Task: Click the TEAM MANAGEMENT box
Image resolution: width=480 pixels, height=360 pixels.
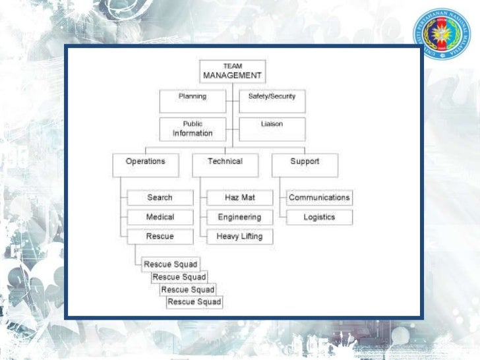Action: [x=232, y=71]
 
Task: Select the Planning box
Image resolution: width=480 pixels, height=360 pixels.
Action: [x=193, y=101]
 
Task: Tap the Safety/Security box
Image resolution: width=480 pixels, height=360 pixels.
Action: [x=272, y=101]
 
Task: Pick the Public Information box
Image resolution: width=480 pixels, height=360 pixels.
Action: [x=193, y=129]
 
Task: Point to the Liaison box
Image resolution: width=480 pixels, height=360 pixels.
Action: [x=272, y=129]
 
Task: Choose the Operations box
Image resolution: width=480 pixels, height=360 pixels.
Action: [x=145, y=165]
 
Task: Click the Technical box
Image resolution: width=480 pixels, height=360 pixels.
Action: [x=225, y=165]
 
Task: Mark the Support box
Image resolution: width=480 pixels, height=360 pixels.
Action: [x=305, y=165]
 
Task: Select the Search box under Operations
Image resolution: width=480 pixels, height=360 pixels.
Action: [x=160, y=198]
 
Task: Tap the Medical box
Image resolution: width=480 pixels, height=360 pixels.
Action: [x=160, y=217]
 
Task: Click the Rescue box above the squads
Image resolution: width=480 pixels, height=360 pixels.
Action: [x=160, y=237]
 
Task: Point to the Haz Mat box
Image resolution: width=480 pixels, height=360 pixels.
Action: [x=239, y=198]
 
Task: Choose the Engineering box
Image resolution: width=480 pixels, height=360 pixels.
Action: [x=239, y=217]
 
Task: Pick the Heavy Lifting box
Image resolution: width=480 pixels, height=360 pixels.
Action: [x=239, y=237]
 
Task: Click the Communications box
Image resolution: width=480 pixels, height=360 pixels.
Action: [x=319, y=198]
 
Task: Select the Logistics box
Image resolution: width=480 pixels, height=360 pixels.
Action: [x=319, y=217]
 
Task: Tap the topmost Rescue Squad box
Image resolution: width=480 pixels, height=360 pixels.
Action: [x=170, y=265]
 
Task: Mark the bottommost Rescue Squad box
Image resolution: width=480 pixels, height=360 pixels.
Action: [x=195, y=302]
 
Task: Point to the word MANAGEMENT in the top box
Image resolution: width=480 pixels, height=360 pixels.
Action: [x=232, y=76]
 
